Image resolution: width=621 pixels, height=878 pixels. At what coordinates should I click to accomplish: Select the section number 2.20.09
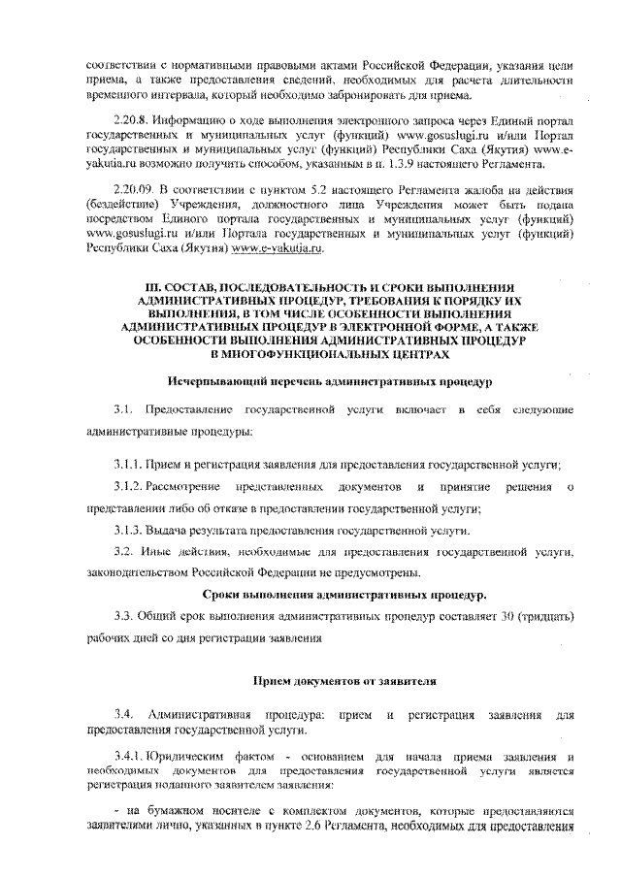tap(133, 194)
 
